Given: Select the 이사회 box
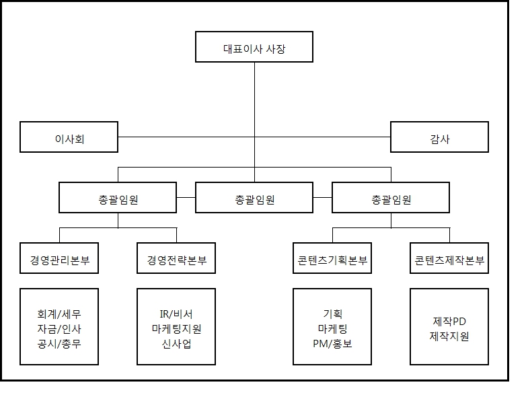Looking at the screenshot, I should [69, 139].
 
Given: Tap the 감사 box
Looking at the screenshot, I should [439, 139].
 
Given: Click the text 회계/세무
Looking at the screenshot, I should [59, 314].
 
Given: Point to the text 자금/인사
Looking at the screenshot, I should [59, 328].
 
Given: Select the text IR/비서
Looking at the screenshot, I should [176, 314].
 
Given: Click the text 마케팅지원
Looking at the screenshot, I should [176, 328].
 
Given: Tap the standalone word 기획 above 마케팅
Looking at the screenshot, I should [333, 314].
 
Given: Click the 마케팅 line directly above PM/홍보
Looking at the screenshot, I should [333, 328].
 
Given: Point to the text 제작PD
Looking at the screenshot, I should [449, 321].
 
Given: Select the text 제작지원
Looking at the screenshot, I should [449, 336].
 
